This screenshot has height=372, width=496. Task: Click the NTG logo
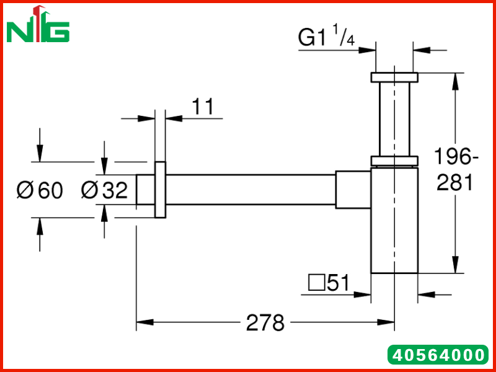[x=38, y=24]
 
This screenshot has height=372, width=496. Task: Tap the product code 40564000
[x=438, y=355]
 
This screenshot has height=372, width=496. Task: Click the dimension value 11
[x=203, y=106]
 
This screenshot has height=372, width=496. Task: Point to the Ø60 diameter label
[x=40, y=190]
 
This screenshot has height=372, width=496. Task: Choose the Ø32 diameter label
[x=104, y=190]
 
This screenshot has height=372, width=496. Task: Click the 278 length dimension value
[x=265, y=323]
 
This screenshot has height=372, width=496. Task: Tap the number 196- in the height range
[x=456, y=156]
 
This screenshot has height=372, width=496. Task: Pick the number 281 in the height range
[x=454, y=182]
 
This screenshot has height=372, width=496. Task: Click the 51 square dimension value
[x=339, y=283]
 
